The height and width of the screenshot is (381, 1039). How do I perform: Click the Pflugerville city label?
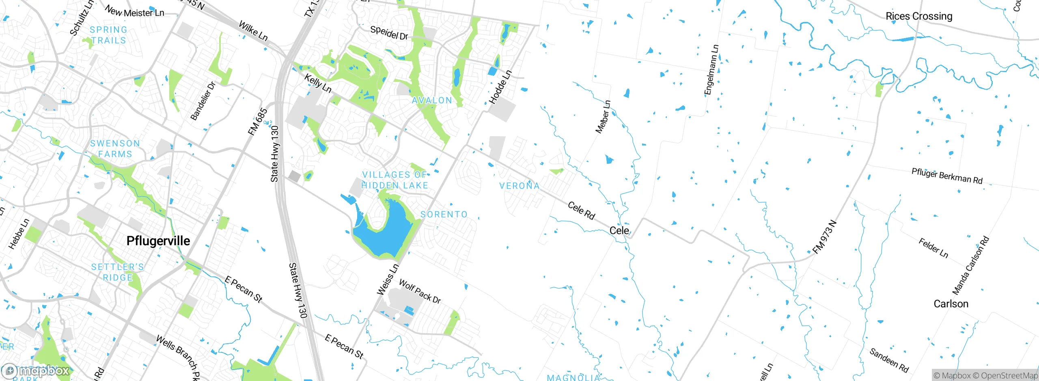coord(158,241)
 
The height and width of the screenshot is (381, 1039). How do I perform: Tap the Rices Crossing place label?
coord(918,16)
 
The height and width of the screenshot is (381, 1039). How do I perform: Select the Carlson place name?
coord(951,304)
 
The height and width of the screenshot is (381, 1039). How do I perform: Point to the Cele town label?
coord(619,231)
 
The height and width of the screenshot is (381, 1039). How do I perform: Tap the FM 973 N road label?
coord(825,237)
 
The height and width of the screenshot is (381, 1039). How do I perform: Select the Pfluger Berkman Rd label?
coord(947,176)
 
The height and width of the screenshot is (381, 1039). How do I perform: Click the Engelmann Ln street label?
coord(711,70)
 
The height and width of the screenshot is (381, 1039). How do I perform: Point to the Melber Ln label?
coord(603,117)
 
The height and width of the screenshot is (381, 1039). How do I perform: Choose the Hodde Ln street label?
coord(500,87)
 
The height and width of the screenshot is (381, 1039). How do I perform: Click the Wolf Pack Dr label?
coord(420,291)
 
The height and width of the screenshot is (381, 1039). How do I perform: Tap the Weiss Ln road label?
coord(388,280)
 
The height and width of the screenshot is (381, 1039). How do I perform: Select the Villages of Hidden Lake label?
coord(394,180)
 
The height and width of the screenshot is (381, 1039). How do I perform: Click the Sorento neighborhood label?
coord(444,214)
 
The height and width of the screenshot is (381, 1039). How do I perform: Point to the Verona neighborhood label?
coord(519,186)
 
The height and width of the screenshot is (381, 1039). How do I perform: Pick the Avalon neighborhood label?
coord(432,101)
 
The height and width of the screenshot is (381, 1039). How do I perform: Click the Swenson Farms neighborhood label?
coord(115,149)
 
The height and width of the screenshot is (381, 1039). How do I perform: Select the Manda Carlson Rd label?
coord(970,265)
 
